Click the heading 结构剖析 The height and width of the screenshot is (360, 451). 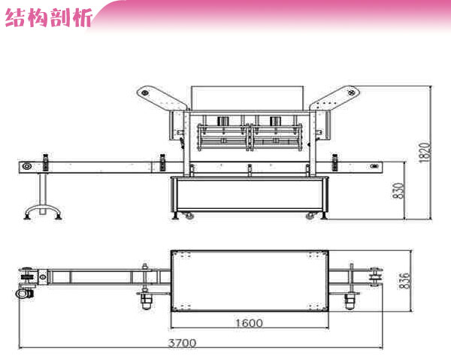tap(48, 18)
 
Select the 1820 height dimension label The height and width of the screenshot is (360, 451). tap(425, 153)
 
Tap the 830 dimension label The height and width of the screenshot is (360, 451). tap(398, 190)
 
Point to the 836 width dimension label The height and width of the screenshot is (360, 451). tap(404, 280)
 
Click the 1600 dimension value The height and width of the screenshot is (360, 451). tap(249, 323)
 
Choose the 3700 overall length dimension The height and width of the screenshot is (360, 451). tap(183, 343)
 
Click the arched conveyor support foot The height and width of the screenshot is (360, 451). tap(43, 211)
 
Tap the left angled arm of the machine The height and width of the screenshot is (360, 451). tap(162, 97)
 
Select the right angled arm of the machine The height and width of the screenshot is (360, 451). tap(335, 98)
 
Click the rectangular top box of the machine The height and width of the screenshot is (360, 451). tap(247, 98)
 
